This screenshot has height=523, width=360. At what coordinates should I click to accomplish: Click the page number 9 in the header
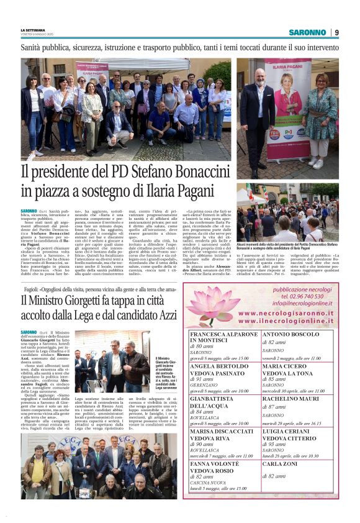pyautogui.click(x=336, y=32)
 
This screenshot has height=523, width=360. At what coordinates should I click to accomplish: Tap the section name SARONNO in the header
pyautogui.click(x=307, y=32)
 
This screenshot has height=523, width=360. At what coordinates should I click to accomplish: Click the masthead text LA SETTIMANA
pyautogui.click(x=33, y=29)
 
